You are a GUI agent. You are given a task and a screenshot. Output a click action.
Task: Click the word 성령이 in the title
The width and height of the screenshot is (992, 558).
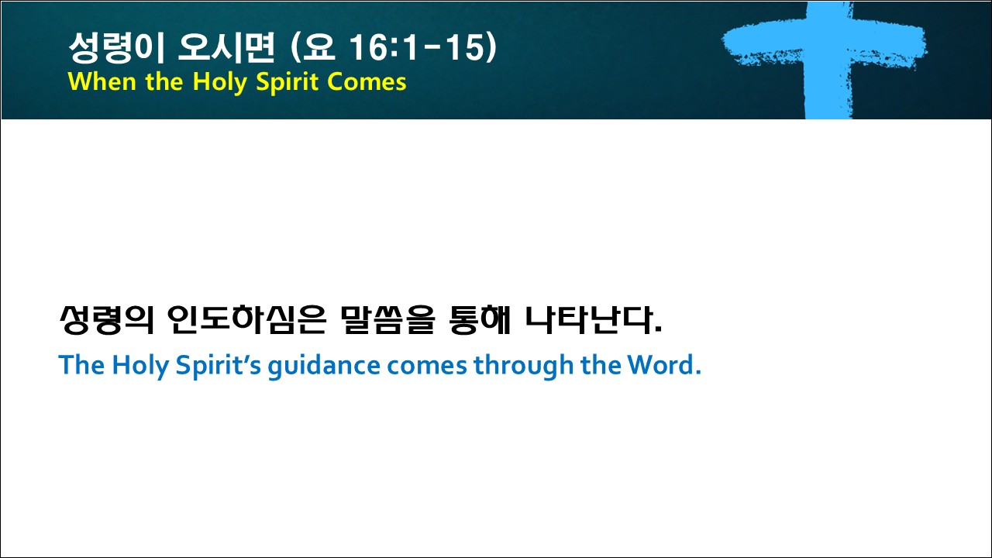tap(117, 47)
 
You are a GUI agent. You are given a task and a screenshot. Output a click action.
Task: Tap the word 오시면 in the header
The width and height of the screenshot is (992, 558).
tap(226, 47)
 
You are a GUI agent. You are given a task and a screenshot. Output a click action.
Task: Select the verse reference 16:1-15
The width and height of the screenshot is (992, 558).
tap(416, 47)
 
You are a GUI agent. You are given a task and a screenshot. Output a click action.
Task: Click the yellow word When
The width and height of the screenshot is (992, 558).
tap(102, 82)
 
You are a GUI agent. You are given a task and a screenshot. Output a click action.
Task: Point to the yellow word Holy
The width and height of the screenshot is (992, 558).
tap(219, 83)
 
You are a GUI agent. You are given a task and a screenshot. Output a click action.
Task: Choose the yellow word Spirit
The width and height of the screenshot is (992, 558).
tap(288, 83)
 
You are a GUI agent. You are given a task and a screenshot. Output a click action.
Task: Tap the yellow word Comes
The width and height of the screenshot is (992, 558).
tap(367, 82)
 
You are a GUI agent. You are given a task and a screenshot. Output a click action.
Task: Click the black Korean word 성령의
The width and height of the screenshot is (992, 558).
tap(106, 320)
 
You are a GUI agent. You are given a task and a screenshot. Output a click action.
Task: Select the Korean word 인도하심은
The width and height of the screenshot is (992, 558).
tap(247, 320)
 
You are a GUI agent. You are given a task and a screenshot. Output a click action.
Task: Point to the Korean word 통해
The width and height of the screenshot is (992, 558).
tap(480, 320)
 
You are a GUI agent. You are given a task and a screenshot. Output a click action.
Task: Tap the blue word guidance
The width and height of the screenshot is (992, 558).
tap(324, 367)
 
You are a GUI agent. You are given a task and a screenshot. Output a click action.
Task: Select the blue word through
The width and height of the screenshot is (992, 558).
tap(523, 367)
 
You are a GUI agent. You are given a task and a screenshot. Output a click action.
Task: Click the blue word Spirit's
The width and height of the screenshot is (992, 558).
tap(219, 367)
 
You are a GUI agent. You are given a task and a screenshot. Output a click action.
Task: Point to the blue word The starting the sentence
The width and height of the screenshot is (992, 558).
tap(82, 365)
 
